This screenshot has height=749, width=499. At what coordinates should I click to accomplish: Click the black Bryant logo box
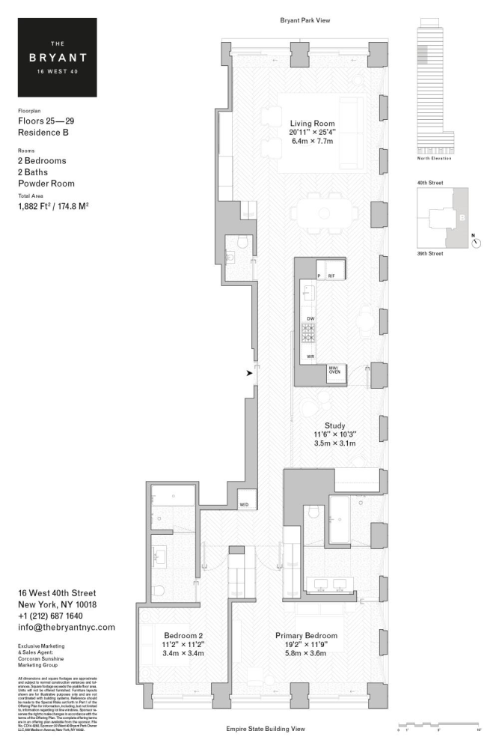[x=58, y=57]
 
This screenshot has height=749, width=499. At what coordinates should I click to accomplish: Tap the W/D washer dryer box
[x=245, y=504]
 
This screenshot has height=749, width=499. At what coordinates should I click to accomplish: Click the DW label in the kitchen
[x=310, y=319]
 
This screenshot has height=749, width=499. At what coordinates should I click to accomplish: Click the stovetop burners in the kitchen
[x=309, y=333]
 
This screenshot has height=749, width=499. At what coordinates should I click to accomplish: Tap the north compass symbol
[x=477, y=243]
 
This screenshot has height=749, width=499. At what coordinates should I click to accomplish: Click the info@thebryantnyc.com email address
[x=66, y=627]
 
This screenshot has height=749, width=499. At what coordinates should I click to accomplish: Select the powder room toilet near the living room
[x=240, y=241]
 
